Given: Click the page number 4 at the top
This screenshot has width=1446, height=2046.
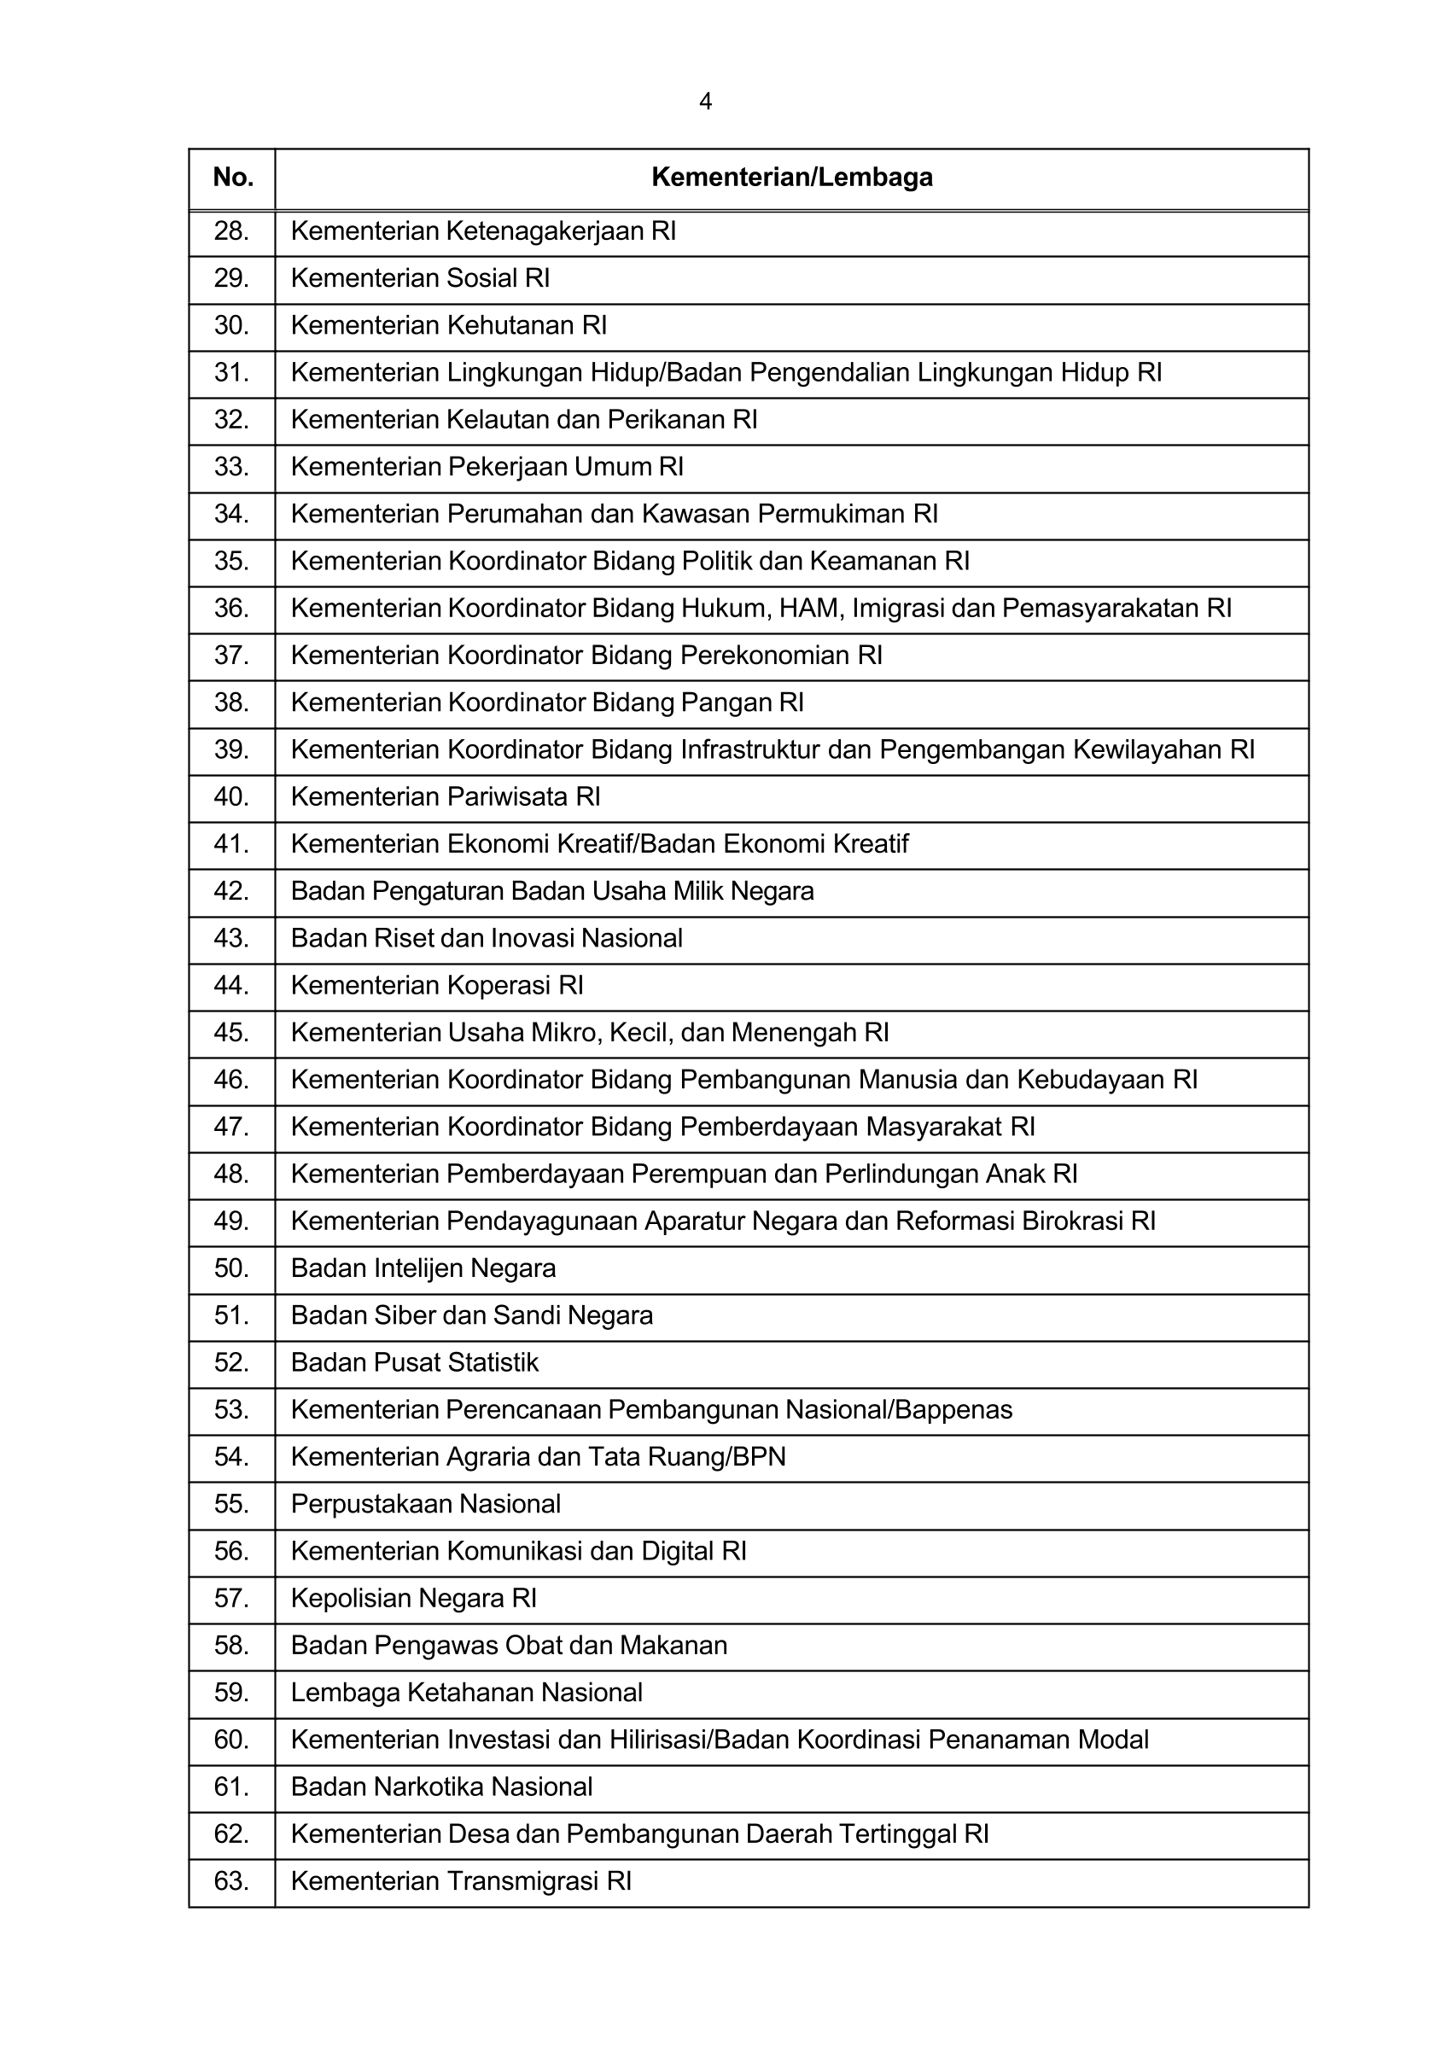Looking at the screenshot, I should click(x=705, y=102).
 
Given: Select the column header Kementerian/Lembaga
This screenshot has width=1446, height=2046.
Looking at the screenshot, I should click(x=791, y=178).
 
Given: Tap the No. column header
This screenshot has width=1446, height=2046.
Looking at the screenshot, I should click(x=232, y=178).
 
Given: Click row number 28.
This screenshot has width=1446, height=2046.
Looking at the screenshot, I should click(x=230, y=231).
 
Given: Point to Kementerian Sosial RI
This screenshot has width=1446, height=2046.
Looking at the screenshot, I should click(x=420, y=279).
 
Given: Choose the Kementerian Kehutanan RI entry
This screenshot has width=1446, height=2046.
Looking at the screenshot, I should click(x=448, y=325).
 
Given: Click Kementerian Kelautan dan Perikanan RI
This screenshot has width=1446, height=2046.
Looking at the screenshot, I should click(x=524, y=420).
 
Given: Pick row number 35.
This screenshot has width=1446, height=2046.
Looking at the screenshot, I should click(x=230, y=562).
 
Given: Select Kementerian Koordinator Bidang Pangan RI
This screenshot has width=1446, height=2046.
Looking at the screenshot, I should click(x=547, y=703).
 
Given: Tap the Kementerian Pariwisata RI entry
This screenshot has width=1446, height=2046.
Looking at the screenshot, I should click(x=446, y=796).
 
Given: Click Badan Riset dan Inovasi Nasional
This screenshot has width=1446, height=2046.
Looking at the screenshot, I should click(x=487, y=938).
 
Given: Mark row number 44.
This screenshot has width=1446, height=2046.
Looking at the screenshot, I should click(x=230, y=986).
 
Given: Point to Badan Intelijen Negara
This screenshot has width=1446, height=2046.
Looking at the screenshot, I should click(x=423, y=1268).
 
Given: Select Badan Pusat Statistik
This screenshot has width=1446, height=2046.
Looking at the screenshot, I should click(x=414, y=1362).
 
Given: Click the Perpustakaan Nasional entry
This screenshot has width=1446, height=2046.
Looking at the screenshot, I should click(x=426, y=1504).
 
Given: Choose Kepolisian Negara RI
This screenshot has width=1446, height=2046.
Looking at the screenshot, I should click(x=413, y=1599).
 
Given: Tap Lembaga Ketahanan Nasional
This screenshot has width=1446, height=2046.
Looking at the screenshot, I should click(x=467, y=1693).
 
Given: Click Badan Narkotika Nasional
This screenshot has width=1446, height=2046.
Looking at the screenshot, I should click(x=441, y=1787).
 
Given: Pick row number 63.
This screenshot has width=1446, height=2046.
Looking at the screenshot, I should click(x=230, y=1881).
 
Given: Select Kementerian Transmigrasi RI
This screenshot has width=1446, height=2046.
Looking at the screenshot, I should click(x=461, y=1881).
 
